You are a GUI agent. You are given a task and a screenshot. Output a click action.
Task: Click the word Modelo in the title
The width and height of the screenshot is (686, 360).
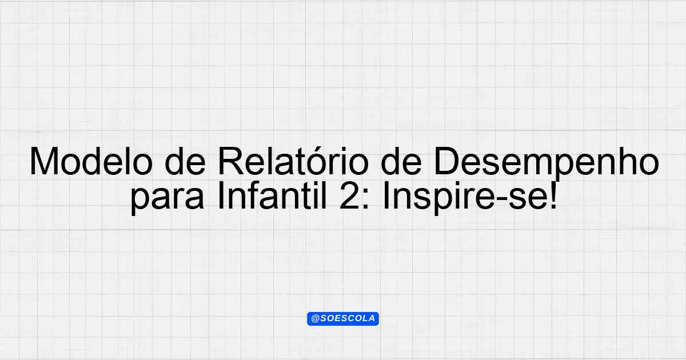(x=91, y=161)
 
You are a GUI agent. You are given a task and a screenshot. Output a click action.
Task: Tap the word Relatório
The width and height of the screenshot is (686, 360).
(x=293, y=161)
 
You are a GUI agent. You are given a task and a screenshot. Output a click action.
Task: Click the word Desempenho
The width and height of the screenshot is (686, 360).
(x=547, y=164)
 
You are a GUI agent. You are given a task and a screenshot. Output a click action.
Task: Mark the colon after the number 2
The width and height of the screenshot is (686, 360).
(x=366, y=199)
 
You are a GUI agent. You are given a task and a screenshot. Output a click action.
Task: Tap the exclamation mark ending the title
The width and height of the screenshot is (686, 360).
(x=553, y=195)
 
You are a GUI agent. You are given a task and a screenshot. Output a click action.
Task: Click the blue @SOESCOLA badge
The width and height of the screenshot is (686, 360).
(x=343, y=319)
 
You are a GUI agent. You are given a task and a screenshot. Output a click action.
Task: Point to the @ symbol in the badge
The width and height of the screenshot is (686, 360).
(x=315, y=319)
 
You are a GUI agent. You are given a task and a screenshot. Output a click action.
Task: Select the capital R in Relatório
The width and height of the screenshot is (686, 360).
(x=231, y=161)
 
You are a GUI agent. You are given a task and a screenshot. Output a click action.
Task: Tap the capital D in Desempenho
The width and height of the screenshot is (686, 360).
(x=447, y=161)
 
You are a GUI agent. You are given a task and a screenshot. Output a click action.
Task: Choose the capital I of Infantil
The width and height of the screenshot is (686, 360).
(x=220, y=195)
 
